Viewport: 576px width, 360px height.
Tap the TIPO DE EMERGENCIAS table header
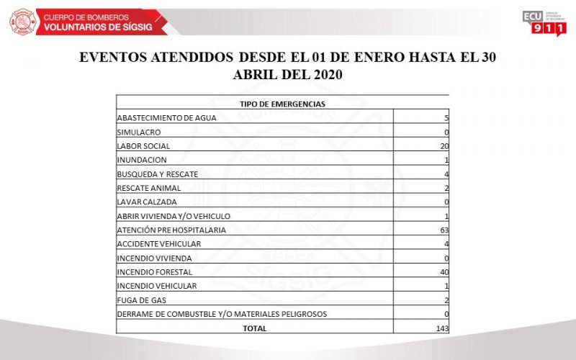pyautogui.click(x=282, y=104)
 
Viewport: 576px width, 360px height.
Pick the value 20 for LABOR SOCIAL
pyautogui.click(x=444, y=146)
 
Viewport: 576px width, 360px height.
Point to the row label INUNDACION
pyautogui.click(x=142, y=160)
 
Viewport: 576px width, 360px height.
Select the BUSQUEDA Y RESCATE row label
pyautogui.click(x=157, y=174)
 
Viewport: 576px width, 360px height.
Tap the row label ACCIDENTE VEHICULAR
pyautogui.click(x=158, y=244)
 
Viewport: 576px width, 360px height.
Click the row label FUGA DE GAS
pyautogui.click(x=138, y=300)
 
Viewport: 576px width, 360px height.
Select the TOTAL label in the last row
pyautogui.click(x=255, y=328)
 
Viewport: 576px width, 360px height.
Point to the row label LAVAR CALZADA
pyautogui.click(x=146, y=202)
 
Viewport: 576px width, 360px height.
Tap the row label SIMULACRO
pyautogui.click(x=138, y=132)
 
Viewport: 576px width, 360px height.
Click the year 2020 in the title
pyautogui.click(x=324, y=74)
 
